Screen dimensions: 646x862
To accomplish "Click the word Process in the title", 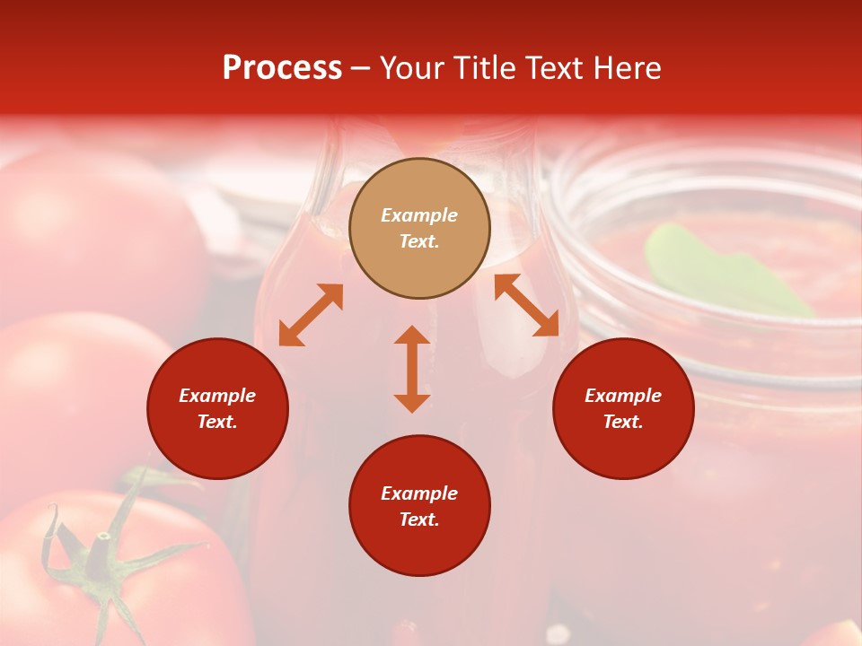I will click(282, 68).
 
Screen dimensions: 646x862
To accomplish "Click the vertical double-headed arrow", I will click(412, 369).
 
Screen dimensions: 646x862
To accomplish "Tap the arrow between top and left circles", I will click(311, 315).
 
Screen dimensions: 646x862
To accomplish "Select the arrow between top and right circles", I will click(526, 305).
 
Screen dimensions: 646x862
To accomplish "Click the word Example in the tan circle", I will click(419, 215).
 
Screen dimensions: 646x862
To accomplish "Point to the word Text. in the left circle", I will click(217, 422).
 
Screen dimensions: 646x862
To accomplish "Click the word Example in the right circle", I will click(623, 396).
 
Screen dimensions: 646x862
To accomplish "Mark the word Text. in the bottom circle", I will click(419, 519).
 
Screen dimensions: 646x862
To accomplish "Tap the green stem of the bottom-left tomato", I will click(99, 556).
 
